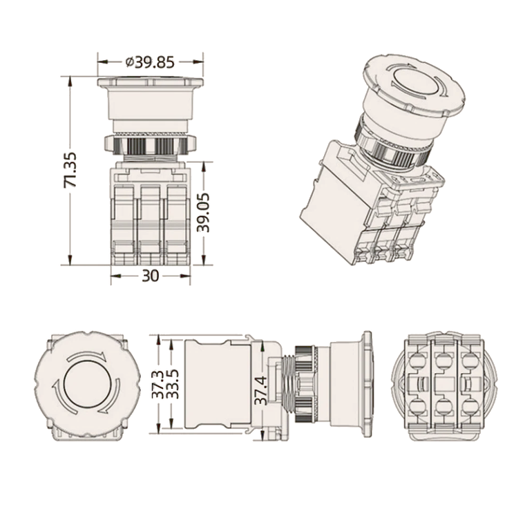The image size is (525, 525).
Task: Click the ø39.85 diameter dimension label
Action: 150,62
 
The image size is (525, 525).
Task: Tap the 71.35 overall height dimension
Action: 70,170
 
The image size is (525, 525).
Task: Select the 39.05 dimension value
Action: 203,213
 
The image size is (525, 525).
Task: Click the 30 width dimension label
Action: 151,276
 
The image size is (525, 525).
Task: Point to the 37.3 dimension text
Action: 158,384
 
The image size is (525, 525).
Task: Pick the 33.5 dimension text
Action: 173,384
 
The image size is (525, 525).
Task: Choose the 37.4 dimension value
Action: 261,390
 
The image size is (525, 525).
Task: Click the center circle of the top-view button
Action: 87,385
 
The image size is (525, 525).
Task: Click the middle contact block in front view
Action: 151,224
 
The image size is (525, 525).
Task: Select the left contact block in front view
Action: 124,224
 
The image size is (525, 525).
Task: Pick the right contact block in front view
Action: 177,224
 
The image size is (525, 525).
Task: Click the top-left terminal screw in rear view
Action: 417,361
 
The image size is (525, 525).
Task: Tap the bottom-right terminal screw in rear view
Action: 470,406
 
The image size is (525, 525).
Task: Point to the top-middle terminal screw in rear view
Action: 443,361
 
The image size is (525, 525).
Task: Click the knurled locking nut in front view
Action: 151,143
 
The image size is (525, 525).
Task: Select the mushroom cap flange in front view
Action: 151,82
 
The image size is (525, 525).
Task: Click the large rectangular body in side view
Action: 218,384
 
